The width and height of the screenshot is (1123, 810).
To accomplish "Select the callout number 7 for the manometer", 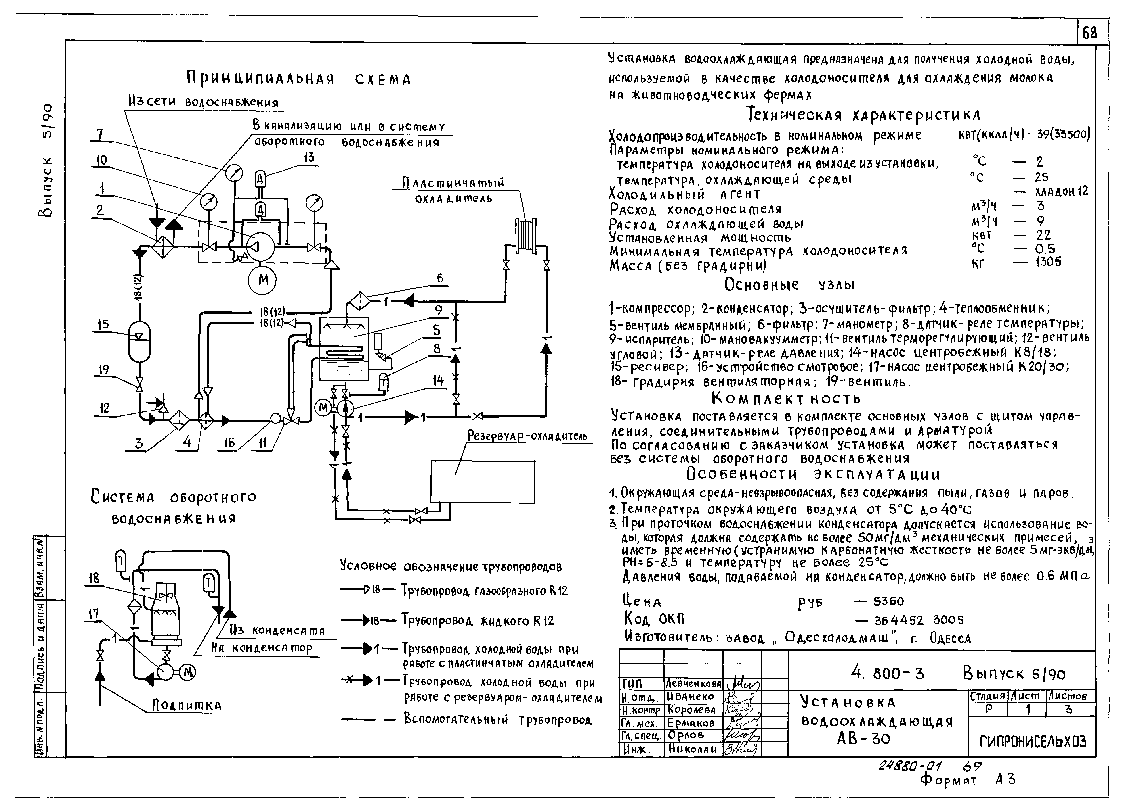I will (x=100, y=134).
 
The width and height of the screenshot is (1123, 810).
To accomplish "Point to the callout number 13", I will (x=309, y=157).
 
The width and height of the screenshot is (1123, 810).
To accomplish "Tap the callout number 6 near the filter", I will (x=440, y=278).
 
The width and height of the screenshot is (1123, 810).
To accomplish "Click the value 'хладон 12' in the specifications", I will (x=1061, y=191).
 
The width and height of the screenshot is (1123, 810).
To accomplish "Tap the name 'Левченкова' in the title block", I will (x=693, y=684).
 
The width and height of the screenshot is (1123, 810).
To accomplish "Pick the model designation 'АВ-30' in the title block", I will (x=863, y=739).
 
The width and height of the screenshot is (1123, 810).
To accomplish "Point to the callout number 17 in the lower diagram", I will (x=94, y=614).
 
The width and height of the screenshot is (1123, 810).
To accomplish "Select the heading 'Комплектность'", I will (x=786, y=398).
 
